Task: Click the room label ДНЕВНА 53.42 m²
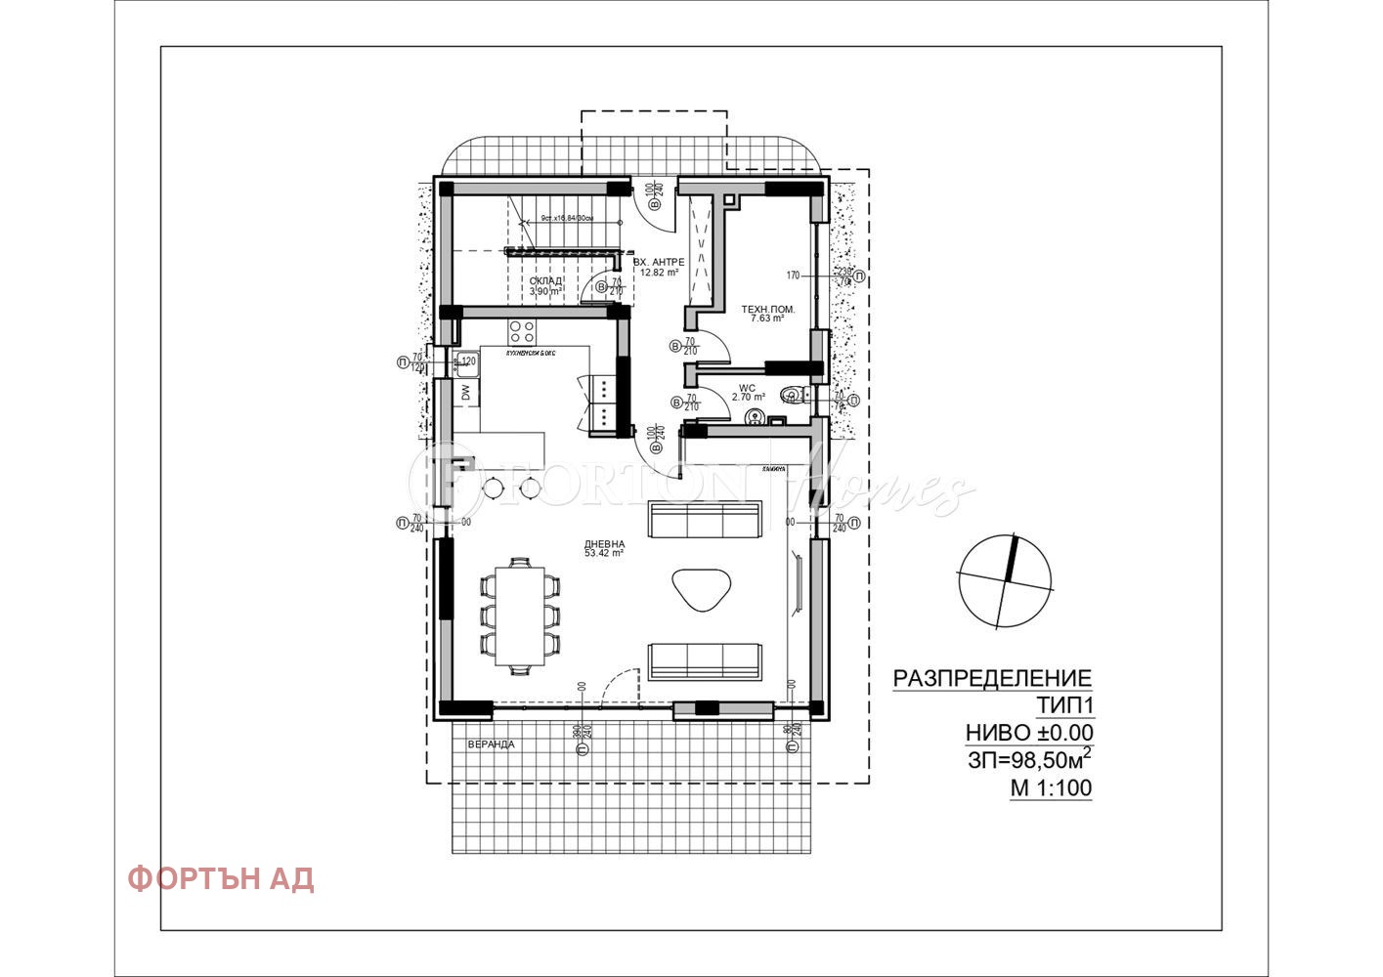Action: [x=604, y=549]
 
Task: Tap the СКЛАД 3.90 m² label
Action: [x=545, y=285]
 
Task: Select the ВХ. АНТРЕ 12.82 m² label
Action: [x=659, y=267]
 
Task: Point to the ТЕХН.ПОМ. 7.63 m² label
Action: [x=767, y=313]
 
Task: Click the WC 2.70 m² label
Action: [x=747, y=393]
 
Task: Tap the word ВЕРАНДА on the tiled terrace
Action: [x=491, y=744]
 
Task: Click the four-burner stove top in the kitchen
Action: [x=521, y=329]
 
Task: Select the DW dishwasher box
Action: [x=466, y=393]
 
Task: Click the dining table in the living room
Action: [x=519, y=616]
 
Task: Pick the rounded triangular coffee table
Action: [x=701, y=588]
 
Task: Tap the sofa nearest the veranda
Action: [x=704, y=661]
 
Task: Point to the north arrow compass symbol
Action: [x=1005, y=580]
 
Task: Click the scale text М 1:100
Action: [x=1051, y=788]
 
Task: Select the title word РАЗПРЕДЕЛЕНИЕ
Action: [x=992, y=678]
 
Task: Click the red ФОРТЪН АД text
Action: [x=221, y=878]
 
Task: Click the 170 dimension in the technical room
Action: [x=793, y=276]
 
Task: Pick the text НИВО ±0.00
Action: [x=1029, y=733]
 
